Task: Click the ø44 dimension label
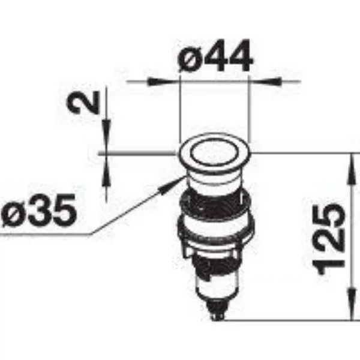[x=215, y=55]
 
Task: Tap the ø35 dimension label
[x=38, y=211]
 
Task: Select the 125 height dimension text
[x=329, y=239]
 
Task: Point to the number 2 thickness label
[x=83, y=103]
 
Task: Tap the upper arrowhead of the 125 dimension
[x=351, y=169]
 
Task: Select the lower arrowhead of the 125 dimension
[x=351, y=304]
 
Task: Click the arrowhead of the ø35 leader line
[x=170, y=186]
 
